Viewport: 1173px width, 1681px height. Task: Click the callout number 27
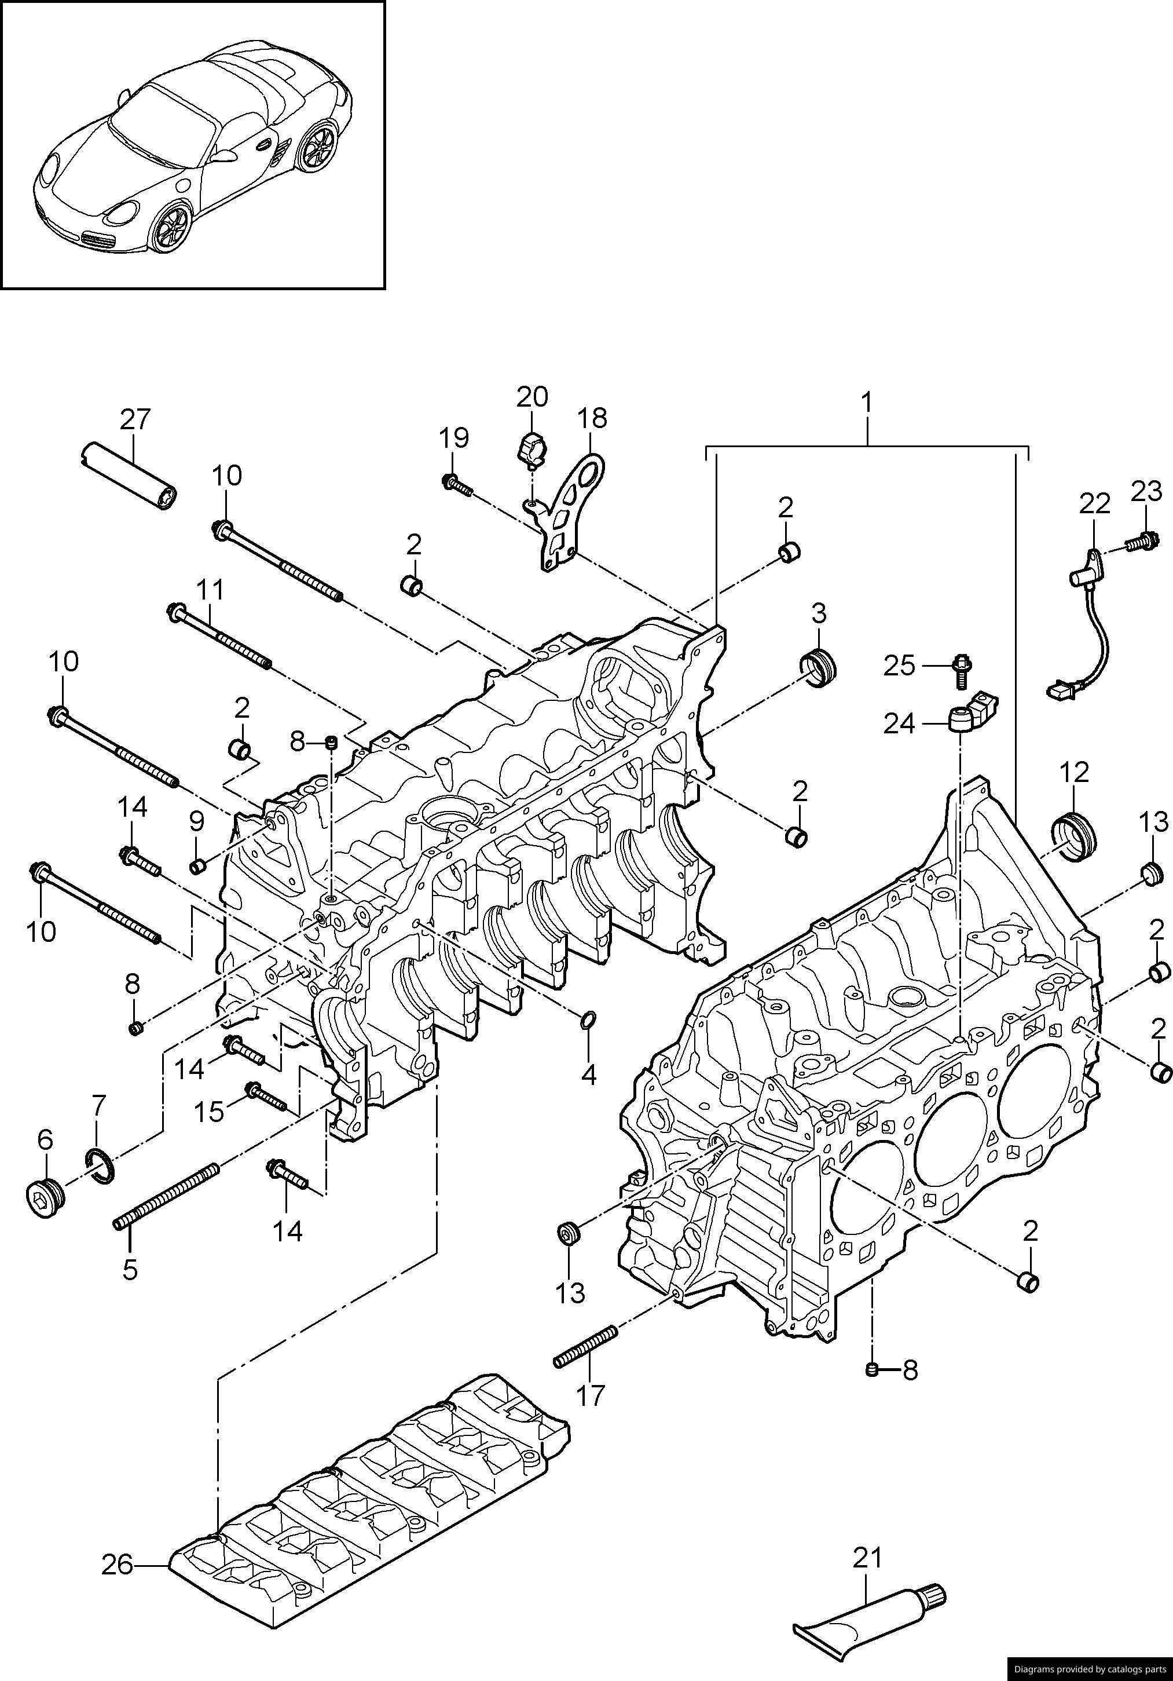pos(135,419)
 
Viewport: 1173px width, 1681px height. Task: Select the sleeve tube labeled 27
pos(130,474)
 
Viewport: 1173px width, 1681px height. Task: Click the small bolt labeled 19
pos(457,484)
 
